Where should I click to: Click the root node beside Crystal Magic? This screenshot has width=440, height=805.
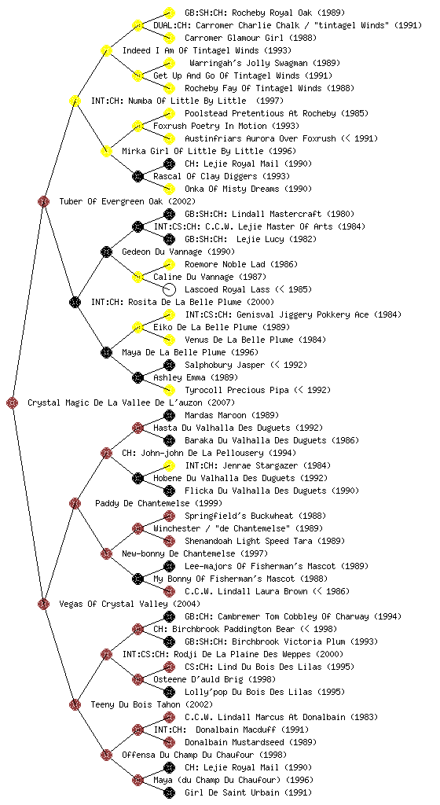pyautogui.click(x=13, y=403)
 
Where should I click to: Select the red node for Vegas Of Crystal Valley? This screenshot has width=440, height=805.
pyautogui.click(x=43, y=605)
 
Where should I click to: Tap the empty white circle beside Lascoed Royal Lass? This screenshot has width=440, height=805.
pyautogui.click(x=169, y=289)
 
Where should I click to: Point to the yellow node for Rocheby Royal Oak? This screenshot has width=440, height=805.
pyautogui.click(x=169, y=13)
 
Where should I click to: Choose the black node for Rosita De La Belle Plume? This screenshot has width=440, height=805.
pyautogui.click(x=75, y=303)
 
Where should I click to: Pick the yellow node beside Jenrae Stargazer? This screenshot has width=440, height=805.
pyautogui.click(x=169, y=465)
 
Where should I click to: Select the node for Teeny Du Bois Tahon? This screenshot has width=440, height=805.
pyautogui.click(x=75, y=705)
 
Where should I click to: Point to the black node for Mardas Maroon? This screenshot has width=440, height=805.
pyautogui.click(x=169, y=415)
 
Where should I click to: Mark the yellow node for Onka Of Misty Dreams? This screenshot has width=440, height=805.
pyautogui.click(x=169, y=189)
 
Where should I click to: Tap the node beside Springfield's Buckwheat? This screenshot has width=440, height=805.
pyautogui.click(x=169, y=516)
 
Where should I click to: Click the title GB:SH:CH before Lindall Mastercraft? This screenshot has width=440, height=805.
pyautogui.click(x=203, y=214)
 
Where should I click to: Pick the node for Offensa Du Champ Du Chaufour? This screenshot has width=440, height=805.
pyautogui.click(x=106, y=755)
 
